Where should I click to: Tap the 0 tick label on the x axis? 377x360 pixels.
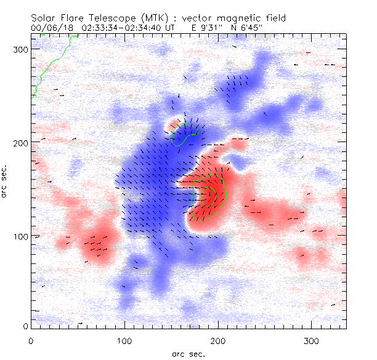[31, 340]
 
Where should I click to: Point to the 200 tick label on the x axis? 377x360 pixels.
[217, 340]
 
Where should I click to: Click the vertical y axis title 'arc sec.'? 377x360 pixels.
[6, 181]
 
